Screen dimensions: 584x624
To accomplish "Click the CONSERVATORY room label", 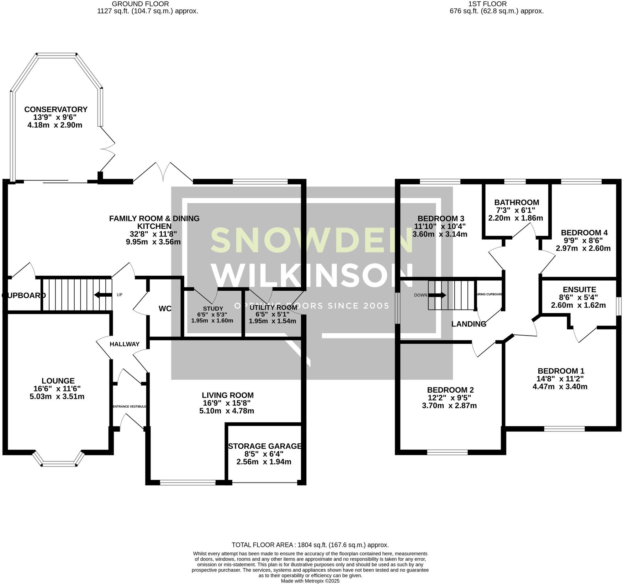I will [56, 109].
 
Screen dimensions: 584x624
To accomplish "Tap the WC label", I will [165, 309].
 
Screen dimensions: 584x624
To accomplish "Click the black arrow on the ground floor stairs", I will [103, 295].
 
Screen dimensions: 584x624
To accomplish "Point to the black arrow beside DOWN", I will [436, 295].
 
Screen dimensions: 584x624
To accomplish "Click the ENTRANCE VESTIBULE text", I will [129, 406].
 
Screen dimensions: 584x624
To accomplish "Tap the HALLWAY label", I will [124, 344].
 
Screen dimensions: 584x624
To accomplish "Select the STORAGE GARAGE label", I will [265, 446].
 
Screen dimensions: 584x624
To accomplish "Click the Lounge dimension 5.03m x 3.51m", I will [57, 396].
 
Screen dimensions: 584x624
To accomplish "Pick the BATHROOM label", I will [517, 202].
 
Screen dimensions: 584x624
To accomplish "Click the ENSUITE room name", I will [579, 289].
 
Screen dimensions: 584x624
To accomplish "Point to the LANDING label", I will [469, 324].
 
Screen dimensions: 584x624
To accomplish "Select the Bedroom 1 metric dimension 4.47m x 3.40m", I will [560, 387].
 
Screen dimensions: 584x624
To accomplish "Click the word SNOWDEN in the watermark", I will [311, 240].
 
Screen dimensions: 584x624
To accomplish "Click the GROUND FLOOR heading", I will [140, 4].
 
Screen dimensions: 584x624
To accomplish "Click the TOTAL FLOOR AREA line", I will [310, 545].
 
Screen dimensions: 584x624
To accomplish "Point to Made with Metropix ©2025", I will [310, 581].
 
